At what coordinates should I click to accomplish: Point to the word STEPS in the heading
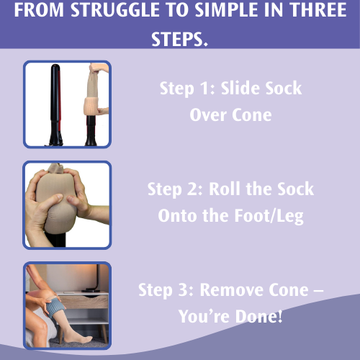coord(180,37)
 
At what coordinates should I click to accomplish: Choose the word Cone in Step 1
coord(251,114)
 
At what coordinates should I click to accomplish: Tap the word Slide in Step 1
coord(243,89)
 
